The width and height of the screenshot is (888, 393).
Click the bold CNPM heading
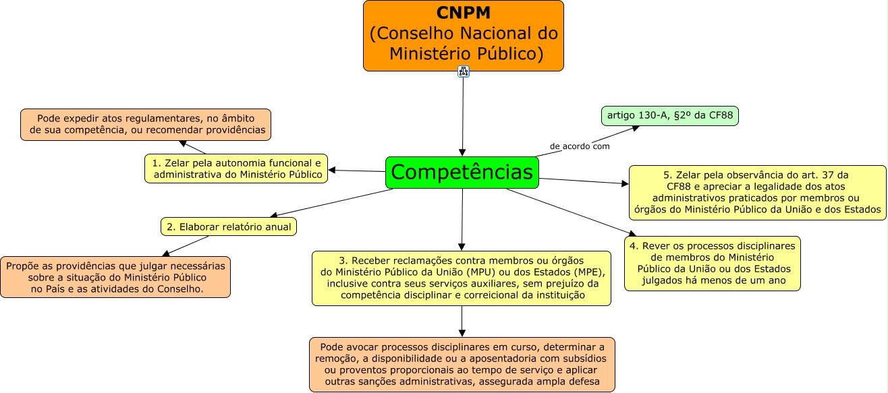(x=463, y=13)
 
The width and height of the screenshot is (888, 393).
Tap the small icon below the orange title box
(x=463, y=71)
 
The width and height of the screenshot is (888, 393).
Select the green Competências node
(x=462, y=173)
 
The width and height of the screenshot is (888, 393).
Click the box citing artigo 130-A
(x=669, y=116)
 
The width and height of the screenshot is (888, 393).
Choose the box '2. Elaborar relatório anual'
(x=229, y=226)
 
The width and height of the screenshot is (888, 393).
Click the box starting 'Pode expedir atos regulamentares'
(x=146, y=124)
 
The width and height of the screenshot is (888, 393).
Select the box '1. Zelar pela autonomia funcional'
(x=235, y=169)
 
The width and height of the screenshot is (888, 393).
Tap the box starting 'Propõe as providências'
(x=115, y=277)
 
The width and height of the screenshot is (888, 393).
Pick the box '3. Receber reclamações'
(x=462, y=278)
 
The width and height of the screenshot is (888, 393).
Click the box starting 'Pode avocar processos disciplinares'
(x=462, y=364)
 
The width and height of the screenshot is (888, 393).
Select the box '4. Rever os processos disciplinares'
(x=713, y=263)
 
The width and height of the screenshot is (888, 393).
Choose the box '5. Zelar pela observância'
(x=758, y=192)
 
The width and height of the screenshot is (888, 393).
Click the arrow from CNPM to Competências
(x=463, y=115)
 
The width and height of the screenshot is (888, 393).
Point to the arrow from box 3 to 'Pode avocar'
(x=462, y=322)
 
